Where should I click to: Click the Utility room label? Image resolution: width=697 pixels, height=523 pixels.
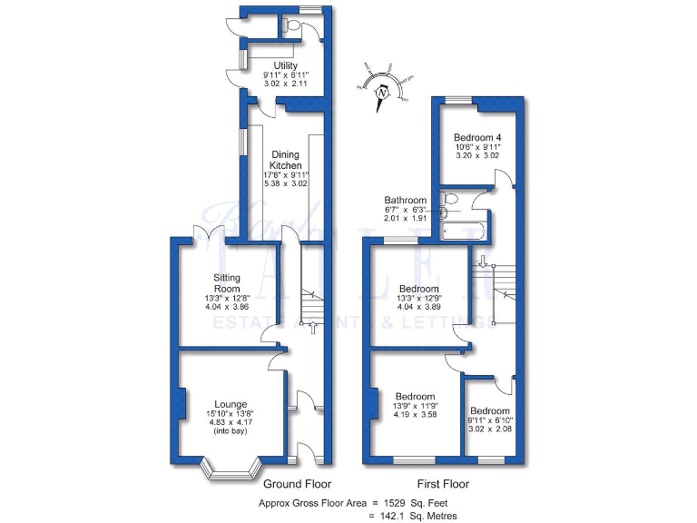tap(286, 64)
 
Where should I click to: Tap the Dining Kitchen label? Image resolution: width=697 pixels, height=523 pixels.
tap(285, 160)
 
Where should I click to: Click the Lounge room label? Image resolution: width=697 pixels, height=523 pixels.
tap(231, 404)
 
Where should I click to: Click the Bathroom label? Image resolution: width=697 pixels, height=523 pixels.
tap(405, 200)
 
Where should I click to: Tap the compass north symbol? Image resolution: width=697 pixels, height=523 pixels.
tap(382, 92)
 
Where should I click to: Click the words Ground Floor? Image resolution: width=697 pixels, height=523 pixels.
tap(297, 484)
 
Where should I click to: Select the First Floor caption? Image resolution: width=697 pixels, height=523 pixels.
tap(441, 484)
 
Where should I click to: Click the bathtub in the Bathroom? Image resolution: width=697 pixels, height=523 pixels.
tap(464, 226)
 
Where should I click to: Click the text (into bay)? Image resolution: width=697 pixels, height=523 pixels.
tap(231, 432)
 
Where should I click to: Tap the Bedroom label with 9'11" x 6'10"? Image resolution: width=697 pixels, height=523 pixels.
tap(489, 410)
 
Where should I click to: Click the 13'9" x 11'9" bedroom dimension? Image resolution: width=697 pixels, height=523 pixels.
tap(414, 406)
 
